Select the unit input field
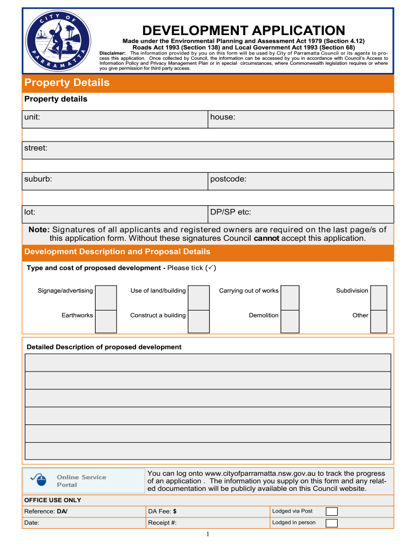[x=115, y=119]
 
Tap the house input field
[x=301, y=119]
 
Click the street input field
[x=208, y=150]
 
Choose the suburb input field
[x=115, y=181]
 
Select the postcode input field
[x=301, y=181]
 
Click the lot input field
[x=115, y=214]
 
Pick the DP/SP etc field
[x=301, y=214]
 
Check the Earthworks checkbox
[x=106, y=321]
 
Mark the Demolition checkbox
[x=290, y=321]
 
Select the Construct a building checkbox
[x=199, y=321]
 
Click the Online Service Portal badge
[x=83, y=481]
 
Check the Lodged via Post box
[x=332, y=511]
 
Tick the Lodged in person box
[x=332, y=523]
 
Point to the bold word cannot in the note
[x=266, y=238]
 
